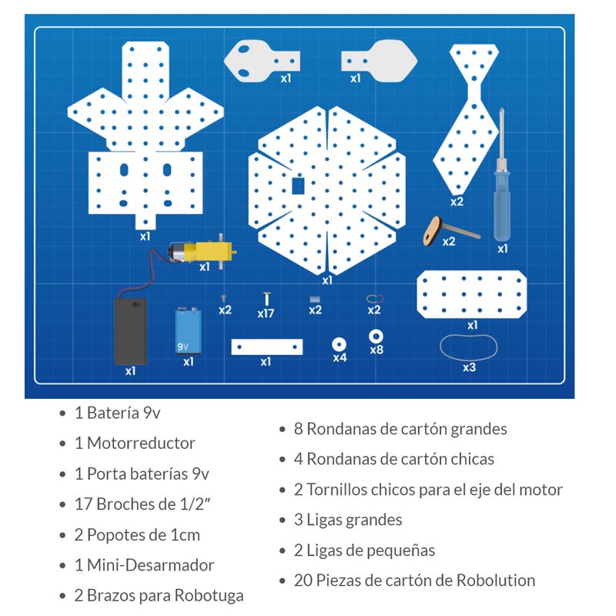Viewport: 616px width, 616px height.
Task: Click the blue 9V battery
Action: point(188,330)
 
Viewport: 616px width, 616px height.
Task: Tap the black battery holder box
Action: point(130,331)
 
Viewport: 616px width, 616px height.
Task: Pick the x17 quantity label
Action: point(266,313)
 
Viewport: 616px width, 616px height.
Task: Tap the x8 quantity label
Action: point(377,350)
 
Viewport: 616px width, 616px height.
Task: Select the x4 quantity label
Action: point(340,357)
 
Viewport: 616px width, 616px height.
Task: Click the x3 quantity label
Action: point(469,367)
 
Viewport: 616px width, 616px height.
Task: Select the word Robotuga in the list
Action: point(209,595)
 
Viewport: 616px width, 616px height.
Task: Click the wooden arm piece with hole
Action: point(433,229)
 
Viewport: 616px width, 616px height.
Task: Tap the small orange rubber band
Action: point(373,297)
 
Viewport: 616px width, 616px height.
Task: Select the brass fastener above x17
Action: point(266,297)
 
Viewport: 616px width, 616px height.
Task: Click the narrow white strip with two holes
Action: point(266,347)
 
